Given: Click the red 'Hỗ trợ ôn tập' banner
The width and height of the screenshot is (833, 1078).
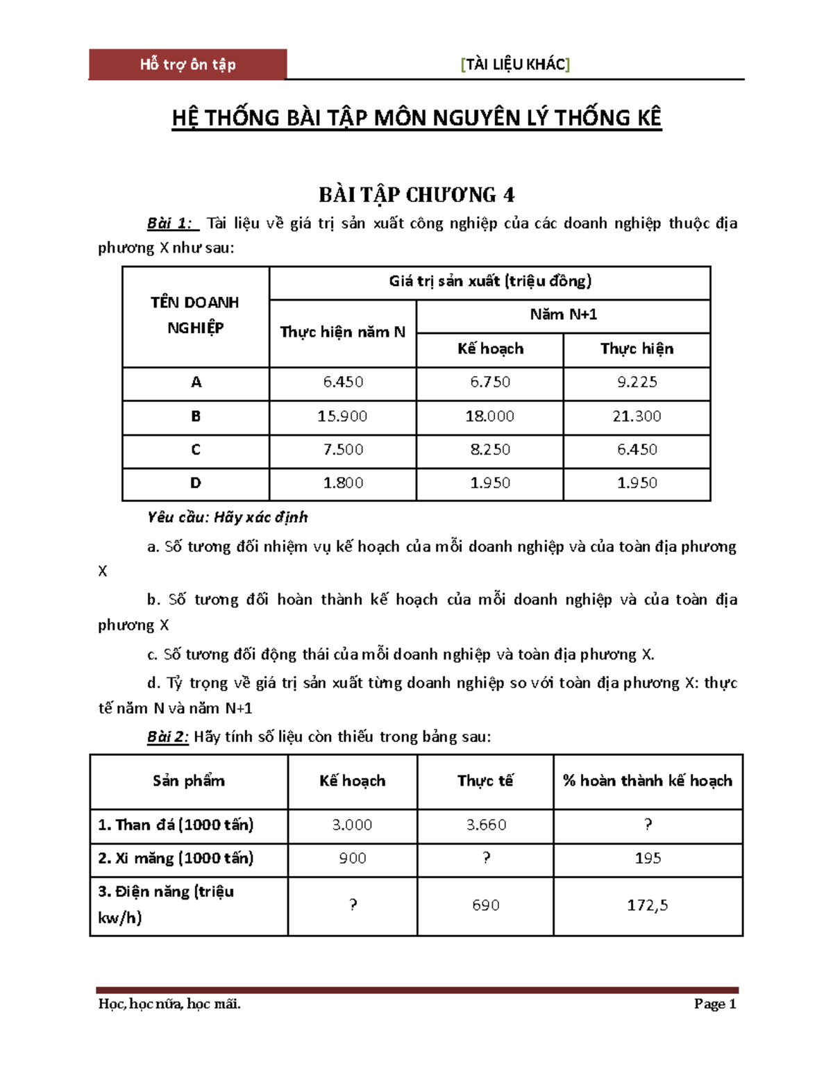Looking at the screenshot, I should (x=187, y=65).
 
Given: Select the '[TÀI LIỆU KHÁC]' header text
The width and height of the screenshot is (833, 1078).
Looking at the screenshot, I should (x=515, y=65).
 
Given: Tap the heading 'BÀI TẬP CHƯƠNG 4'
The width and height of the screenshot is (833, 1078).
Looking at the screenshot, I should (x=416, y=195).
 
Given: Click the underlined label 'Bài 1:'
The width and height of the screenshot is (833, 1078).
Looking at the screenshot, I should (x=171, y=224).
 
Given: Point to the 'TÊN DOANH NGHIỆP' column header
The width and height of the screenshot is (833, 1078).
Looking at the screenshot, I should (x=195, y=315).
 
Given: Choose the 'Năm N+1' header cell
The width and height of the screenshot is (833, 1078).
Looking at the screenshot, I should (x=563, y=315).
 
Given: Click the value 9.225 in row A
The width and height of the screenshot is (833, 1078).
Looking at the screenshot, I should (x=637, y=382).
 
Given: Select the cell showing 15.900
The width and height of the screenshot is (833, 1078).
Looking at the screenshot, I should (x=342, y=416).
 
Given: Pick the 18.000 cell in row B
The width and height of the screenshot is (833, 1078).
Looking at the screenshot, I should (x=489, y=416).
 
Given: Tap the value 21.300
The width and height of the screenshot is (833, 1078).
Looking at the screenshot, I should (x=637, y=416).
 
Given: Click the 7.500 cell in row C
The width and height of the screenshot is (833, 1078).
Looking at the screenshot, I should (x=343, y=450).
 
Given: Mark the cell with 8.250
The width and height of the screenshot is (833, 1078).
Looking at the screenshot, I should (x=489, y=450).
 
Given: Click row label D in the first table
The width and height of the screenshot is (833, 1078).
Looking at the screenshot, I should (x=196, y=483).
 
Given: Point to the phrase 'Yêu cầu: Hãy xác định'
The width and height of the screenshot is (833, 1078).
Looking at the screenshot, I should (x=227, y=517).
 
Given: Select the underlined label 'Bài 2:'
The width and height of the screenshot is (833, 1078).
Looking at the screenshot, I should (x=167, y=737).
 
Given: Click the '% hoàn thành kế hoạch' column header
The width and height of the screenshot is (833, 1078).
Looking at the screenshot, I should (x=647, y=781).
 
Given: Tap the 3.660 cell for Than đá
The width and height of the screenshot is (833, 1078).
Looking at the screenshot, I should (x=486, y=825).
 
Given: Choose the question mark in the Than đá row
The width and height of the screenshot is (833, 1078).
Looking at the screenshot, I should (x=648, y=825).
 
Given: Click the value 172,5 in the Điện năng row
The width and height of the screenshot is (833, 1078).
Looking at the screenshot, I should (x=647, y=905).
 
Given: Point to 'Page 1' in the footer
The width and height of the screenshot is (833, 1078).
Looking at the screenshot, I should (x=714, y=1004).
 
